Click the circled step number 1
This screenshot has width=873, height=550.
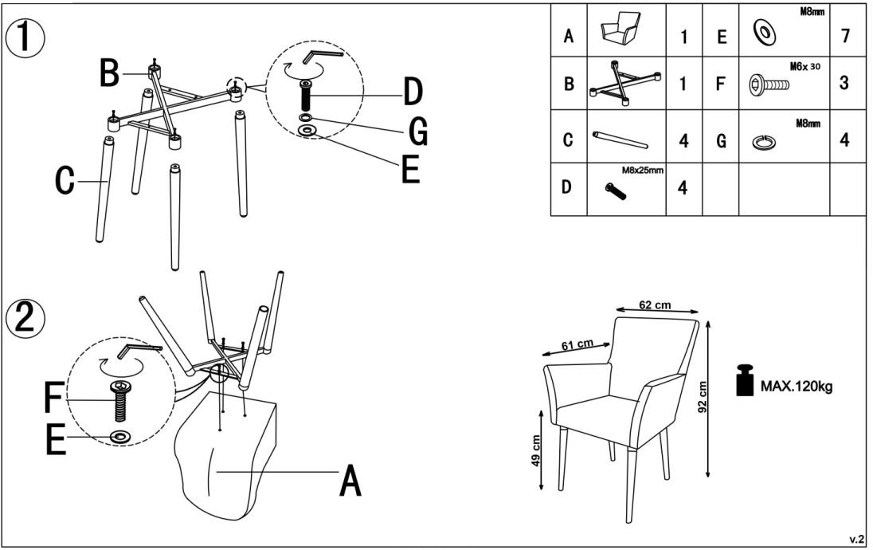[25, 37]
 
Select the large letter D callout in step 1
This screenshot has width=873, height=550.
[412, 94]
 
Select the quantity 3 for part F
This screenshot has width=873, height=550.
[846, 82]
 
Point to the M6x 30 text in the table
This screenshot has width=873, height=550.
[804, 67]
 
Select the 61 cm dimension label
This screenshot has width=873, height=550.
[577, 344]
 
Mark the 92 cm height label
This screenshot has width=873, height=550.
[703, 395]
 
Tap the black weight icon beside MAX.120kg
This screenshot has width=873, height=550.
[745, 381]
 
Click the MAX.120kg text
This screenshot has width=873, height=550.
[797, 387]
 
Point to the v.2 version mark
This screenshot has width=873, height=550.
[857, 540]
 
